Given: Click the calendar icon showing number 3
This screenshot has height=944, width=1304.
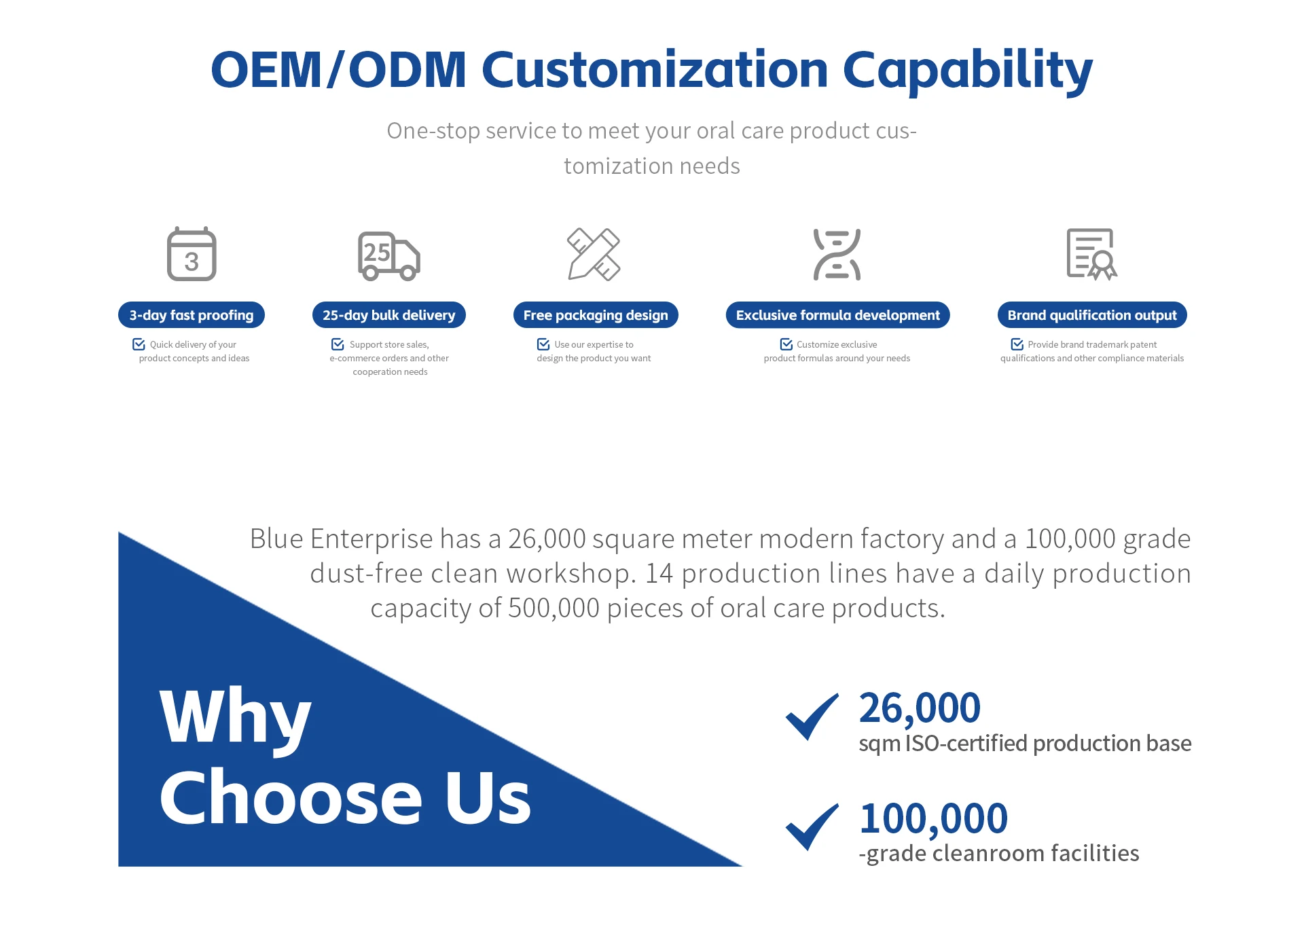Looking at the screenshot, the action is (192, 254).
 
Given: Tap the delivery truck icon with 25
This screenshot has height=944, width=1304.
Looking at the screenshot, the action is (389, 256).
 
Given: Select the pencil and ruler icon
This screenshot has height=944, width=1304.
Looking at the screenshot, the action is (594, 254).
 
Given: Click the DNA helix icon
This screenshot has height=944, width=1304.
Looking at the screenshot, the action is (837, 255).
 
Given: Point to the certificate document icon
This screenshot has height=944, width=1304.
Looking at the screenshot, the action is (1091, 254).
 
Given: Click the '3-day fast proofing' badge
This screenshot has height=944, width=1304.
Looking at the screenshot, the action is (192, 315).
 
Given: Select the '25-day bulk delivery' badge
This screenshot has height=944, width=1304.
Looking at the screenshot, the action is (389, 315).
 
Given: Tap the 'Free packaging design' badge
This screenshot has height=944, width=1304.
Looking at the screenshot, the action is (596, 315).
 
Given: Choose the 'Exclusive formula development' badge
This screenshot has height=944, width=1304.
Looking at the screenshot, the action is (837, 315).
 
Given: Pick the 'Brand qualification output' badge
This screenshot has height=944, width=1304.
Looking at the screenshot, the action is (1092, 315).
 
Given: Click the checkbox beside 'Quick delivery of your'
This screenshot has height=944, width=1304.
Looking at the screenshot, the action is (139, 344).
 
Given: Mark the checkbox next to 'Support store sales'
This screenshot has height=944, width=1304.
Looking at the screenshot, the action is (338, 344).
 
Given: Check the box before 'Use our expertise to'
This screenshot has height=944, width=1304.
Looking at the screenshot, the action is (543, 344).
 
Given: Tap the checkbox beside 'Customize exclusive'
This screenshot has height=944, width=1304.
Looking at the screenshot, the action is (786, 344).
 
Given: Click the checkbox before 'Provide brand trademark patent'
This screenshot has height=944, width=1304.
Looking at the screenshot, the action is (1017, 344).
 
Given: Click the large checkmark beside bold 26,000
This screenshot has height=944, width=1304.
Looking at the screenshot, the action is (812, 718).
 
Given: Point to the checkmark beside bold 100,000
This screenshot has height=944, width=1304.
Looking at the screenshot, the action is (812, 828).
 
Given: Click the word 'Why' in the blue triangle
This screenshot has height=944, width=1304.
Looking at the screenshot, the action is (235, 719).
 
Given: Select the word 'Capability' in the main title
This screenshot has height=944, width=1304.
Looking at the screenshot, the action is (968, 70).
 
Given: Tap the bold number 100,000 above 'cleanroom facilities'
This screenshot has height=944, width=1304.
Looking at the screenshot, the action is (933, 819).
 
